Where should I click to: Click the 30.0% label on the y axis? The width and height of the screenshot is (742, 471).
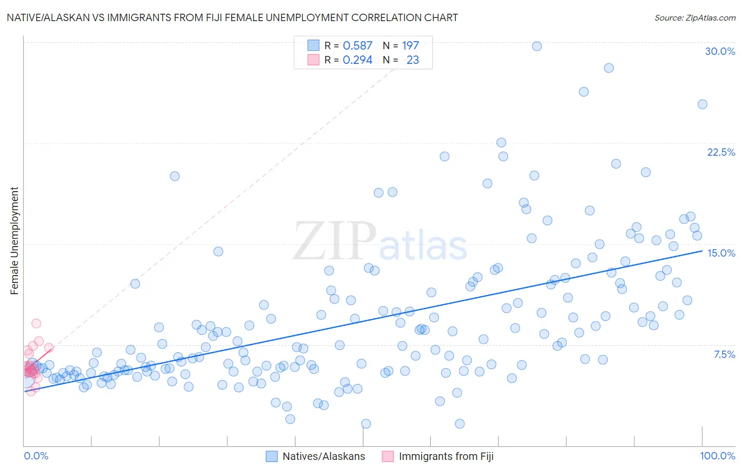click(720, 51)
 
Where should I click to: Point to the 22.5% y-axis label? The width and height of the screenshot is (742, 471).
click(721, 152)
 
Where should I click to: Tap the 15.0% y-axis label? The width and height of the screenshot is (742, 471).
click(721, 253)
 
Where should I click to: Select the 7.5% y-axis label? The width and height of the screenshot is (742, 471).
click(724, 354)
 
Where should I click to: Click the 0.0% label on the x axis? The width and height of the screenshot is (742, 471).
click(36, 456)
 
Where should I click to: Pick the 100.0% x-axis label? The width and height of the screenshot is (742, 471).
click(717, 456)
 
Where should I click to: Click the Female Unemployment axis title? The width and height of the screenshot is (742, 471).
click(14, 240)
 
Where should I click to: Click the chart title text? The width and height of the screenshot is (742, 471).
click(232, 17)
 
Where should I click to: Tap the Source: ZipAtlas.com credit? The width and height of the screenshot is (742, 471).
click(695, 17)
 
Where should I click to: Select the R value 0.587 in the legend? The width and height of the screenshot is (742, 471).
click(357, 45)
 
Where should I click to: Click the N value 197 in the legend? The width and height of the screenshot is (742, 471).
click(410, 45)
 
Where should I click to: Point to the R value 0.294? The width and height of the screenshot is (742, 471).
click(357, 60)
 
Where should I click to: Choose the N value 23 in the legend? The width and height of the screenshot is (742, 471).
click(413, 60)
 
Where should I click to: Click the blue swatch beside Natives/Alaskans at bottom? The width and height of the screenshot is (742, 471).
click(271, 456)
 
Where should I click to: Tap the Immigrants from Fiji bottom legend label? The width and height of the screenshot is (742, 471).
click(446, 456)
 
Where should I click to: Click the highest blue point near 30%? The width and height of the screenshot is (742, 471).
click(537, 46)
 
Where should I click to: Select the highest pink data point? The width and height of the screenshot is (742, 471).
click(36, 323)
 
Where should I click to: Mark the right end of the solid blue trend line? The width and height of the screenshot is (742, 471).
click(702, 251)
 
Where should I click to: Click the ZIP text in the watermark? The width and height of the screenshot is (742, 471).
click(334, 241)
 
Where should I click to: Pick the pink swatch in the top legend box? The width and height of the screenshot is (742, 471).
click(313, 60)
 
